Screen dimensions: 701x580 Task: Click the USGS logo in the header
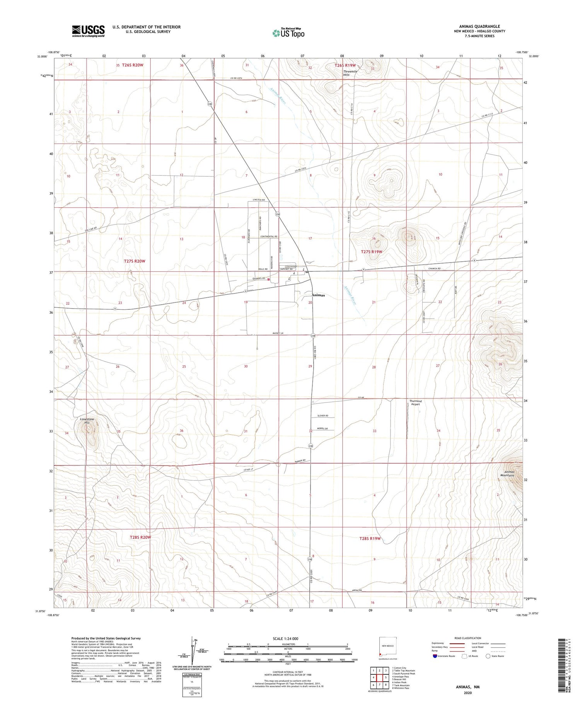pyautogui.click(x=88, y=31)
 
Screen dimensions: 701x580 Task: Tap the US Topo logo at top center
pyautogui.click(x=288, y=33)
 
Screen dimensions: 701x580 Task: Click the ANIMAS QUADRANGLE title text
pyautogui.click(x=479, y=27)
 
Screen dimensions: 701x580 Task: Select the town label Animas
pyautogui.click(x=318, y=295)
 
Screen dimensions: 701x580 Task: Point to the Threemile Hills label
pyautogui.click(x=346, y=73)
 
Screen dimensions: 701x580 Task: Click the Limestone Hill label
pyautogui.click(x=87, y=421)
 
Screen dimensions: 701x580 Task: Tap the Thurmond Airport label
pyautogui.click(x=416, y=403)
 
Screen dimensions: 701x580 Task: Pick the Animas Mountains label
pyautogui.click(x=507, y=473)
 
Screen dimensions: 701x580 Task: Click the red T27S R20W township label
pyautogui.click(x=135, y=261)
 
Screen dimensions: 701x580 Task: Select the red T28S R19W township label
pyautogui.click(x=370, y=539)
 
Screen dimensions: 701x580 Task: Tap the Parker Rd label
pyautogui.click(x=300, y=460)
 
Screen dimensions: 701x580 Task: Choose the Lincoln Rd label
pyautogui.click(x=258, y=200)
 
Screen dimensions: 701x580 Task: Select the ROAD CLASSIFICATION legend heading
pyautogui.click(x=467, y=638)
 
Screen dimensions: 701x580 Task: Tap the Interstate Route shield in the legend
pyautogui.click(x=435, y=656)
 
